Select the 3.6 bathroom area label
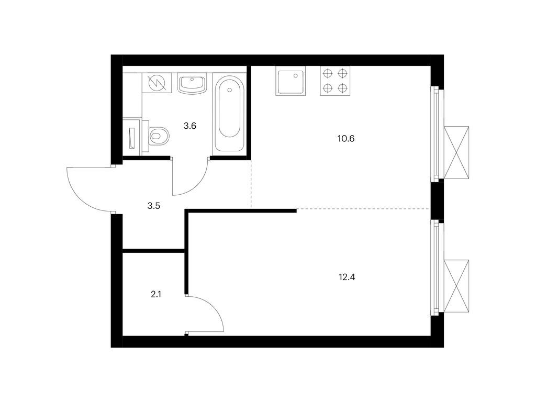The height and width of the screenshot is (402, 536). (189, 126)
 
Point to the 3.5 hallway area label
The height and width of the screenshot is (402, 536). (153, 206)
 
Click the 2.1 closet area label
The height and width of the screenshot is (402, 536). (155, 294)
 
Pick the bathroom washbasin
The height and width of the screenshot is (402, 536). (193, 84)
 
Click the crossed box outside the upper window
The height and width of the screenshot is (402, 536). (457, 151)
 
